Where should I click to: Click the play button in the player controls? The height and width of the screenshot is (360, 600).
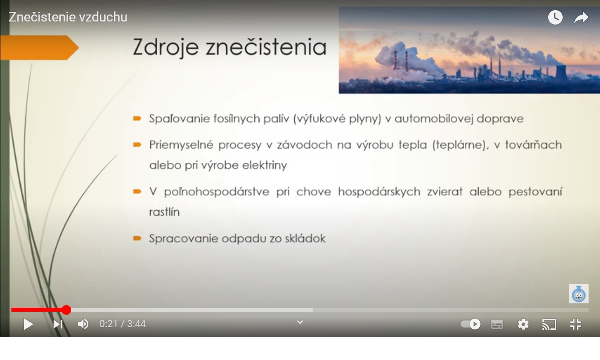29,324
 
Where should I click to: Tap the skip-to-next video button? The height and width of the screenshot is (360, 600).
58,324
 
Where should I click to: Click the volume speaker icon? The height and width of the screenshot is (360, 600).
83,324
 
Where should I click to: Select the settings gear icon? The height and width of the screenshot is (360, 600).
523,324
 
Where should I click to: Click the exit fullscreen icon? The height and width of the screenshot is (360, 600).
576,324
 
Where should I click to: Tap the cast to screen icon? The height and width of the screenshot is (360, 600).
549,324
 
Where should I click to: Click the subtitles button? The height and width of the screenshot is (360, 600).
497,324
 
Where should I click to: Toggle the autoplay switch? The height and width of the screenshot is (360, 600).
470,324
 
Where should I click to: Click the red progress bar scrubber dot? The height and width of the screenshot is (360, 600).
66,310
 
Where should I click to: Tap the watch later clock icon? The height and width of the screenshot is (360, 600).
555,18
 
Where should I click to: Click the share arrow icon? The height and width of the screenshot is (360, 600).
581,18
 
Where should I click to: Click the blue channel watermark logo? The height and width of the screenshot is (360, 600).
579,294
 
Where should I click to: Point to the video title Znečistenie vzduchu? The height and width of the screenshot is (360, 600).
68,17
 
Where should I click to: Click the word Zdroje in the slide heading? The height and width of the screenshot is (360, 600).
166,47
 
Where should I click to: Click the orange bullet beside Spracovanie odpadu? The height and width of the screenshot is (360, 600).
137,238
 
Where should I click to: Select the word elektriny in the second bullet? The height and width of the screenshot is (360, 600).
264,165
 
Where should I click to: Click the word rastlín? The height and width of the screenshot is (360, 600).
164,212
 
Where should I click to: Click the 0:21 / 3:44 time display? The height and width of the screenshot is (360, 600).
123,324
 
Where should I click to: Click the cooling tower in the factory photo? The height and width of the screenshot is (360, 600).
561,72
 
